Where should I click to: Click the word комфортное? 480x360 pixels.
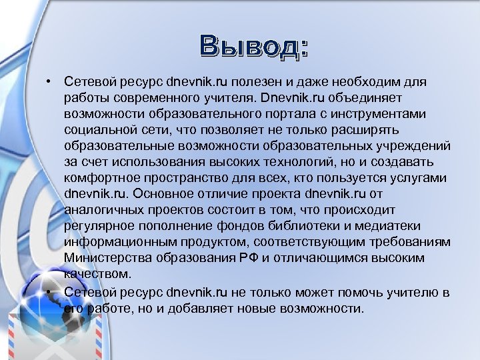(x=99, y=177)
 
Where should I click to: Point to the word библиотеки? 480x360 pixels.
(x=326, y=225)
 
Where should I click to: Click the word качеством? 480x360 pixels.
(x=93, y=273)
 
